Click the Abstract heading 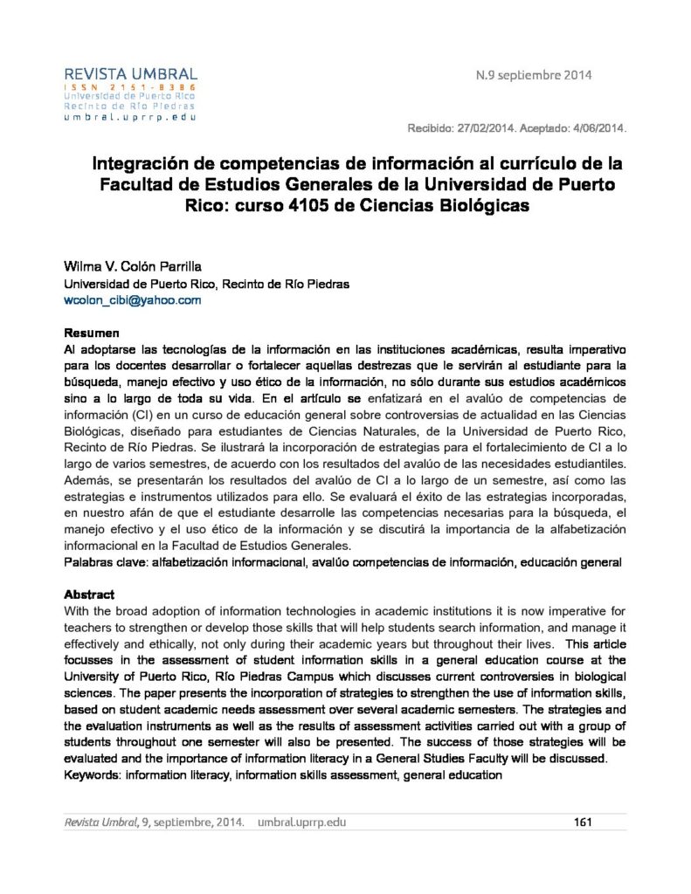click(90, 594)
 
